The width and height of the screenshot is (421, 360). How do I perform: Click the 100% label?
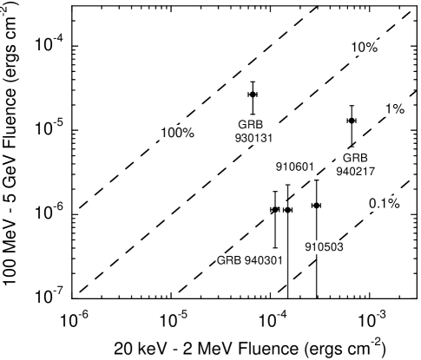coord(177,133)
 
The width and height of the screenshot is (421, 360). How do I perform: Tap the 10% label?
coord(364,48)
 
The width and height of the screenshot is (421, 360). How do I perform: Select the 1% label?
coord(395,108)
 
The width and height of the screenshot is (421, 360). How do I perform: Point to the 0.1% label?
coord(384,204)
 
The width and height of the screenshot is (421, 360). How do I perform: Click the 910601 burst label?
coord(295,167)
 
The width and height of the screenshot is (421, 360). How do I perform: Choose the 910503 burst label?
coord(324,247)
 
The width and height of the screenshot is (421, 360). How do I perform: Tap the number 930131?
coord(254,138)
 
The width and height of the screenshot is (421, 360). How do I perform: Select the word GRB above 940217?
coord(355,158)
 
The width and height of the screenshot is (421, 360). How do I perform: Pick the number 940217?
coord(356,171)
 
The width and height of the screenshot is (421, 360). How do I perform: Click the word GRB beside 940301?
coord(228,260)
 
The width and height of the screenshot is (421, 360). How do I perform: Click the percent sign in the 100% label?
coord(188,133)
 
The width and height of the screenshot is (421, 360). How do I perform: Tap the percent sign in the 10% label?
coord(372,48)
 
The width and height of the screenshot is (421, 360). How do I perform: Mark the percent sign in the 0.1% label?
coord(393,204)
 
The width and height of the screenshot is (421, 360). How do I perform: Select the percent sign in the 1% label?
coord(399,108)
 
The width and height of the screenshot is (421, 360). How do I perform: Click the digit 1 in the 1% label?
coord(390,108)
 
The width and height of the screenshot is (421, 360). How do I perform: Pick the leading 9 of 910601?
coord(279,167)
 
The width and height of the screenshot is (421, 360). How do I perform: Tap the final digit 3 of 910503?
coord(341,247)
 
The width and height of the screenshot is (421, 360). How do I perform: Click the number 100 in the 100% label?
coord(172,133)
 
